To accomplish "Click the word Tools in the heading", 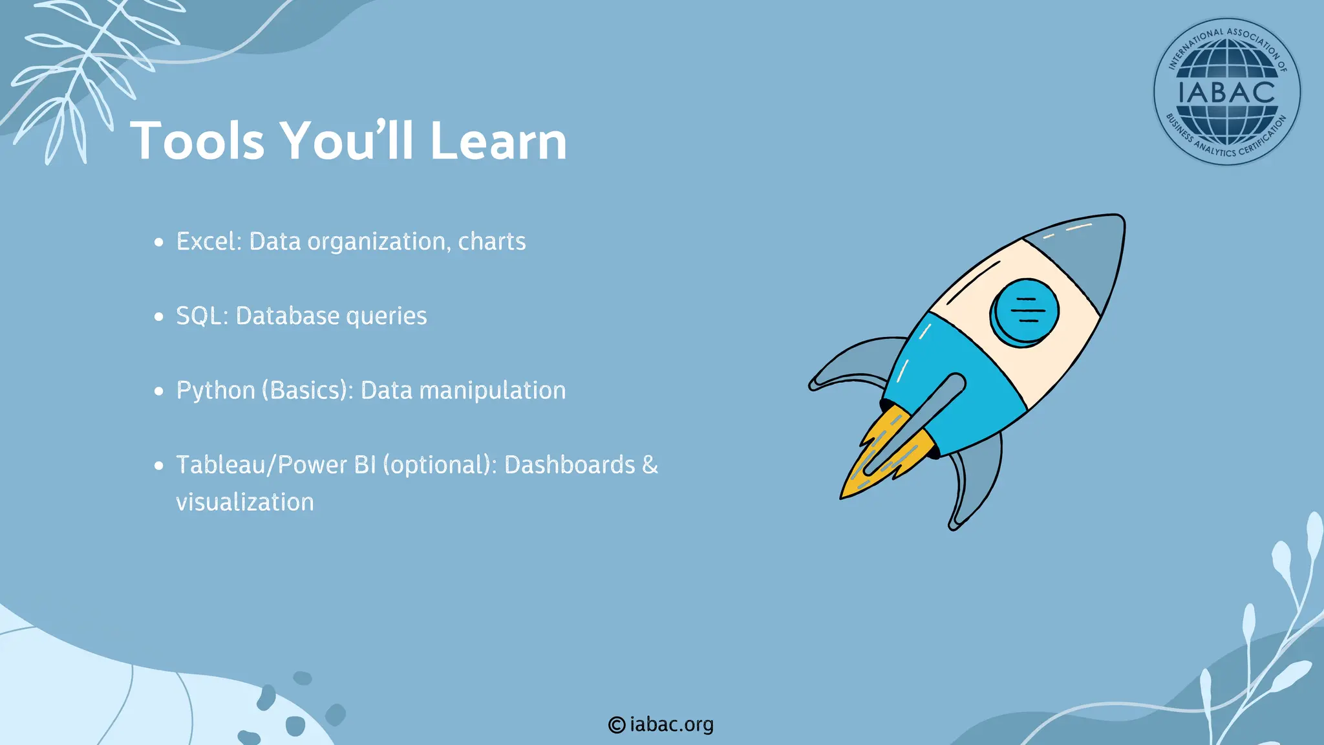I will tap(198, 141).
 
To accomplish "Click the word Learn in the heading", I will tap(498, 141).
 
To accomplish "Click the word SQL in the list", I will tap(201, 316).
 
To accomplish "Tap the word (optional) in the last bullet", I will tap(440, 465).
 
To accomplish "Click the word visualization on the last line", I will tap(244, 502).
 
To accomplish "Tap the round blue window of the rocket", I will tap(1024, 312).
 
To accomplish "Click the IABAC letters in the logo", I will tap(1226, 91).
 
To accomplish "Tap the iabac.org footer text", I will tap(671, 724).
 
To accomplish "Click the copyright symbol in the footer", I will tap(616, 725).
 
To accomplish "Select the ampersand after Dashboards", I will tap(650, 465).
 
